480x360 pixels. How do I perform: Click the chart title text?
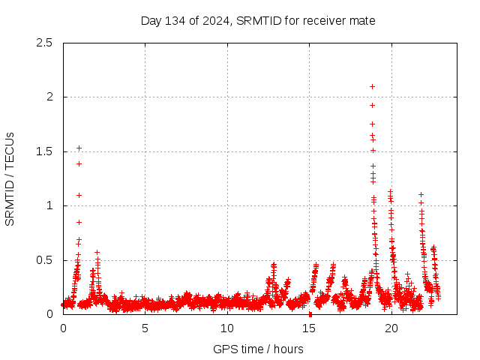(258, 21)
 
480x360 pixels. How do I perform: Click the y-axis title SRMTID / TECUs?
(10, 178)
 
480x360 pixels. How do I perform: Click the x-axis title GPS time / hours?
(258, 349)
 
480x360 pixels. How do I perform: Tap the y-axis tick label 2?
(49, 97)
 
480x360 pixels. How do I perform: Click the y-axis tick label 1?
(49, 205)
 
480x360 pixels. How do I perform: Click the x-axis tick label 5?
(145, 328)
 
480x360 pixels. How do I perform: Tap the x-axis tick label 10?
(227, 328)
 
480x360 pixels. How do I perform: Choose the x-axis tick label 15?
(310, 328)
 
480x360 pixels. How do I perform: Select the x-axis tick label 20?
(391, 328)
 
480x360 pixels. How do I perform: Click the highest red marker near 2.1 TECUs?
(372, 86)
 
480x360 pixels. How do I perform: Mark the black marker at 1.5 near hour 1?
(79, 148)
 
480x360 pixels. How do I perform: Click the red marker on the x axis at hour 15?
(310, 314)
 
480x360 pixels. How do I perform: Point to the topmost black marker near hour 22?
(421, 194)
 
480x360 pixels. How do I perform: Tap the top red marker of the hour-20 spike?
(390, 191)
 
